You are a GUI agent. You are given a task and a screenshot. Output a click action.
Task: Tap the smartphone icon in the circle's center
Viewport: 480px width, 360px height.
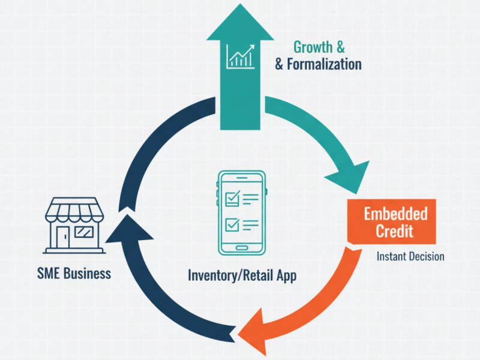[240, 212]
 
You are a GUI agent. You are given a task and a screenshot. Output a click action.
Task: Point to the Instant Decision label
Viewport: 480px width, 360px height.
[410, 256]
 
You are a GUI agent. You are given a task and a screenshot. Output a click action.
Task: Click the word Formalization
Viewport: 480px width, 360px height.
[324, 64]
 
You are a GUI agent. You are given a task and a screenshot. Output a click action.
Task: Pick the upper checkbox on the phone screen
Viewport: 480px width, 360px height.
[231, 197]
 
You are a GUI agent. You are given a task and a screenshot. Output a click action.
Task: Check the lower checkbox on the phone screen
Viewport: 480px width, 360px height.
[231, 224]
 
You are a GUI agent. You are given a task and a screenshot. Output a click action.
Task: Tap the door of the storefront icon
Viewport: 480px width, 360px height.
[62, 236]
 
